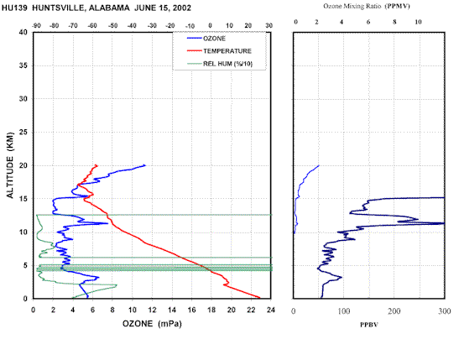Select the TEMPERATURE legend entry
tap(219, 51)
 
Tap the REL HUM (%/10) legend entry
tap(220, 64)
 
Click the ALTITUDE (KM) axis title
tap(10, 165)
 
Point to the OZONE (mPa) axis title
tap(152, 324)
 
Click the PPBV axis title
tap(369, 325)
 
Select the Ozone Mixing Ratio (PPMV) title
tap(367, 6)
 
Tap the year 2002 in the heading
tap(182, 8)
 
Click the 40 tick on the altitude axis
tap(23, 32)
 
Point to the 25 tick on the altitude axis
tap(23, 132)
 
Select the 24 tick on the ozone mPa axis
tap(271, 310)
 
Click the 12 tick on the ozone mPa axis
tap(152, 310)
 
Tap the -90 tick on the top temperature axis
tap(36, 26)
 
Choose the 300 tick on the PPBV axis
tap(445, 311)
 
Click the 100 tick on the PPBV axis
tap(344, 311)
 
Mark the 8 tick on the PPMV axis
tap(394, 22)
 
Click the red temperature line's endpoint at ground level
tap(259, 298)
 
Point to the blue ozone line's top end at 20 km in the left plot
tap(145, 165)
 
